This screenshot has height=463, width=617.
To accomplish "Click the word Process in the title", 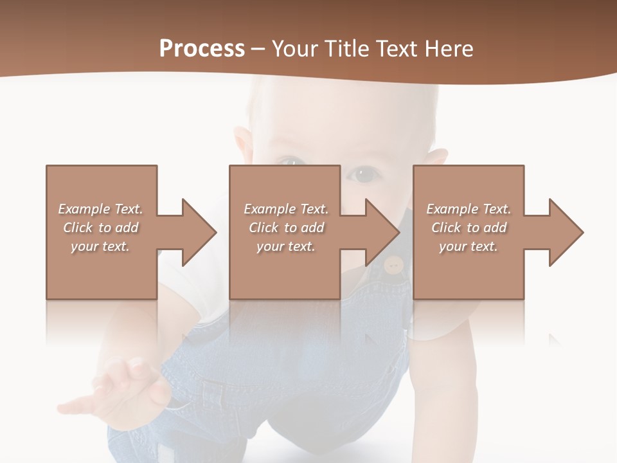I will pos(202,49).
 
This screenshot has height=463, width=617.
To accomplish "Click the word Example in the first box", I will pos(84,209).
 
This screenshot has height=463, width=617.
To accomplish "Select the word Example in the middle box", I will pos(269,209).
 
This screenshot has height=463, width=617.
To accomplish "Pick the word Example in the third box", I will pos(452,209).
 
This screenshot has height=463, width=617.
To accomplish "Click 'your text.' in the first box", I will pos(100,246).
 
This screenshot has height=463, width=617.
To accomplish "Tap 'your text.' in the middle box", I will pos(285,246).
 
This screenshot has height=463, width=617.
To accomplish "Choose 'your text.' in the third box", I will pos(469,246).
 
